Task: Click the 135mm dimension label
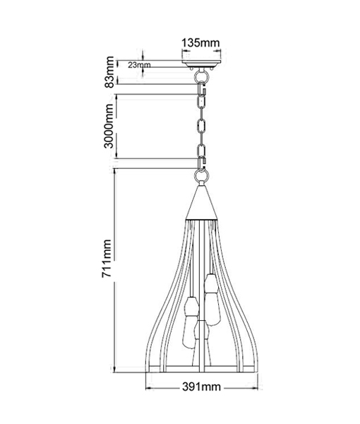pos(200,42)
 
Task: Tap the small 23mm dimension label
pos(139,65)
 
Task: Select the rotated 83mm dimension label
pos(109,72)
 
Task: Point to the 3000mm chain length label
pos(109,126)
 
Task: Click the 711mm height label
pos(107,258)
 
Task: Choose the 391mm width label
pos(201,387)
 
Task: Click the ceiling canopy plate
pos(201,64)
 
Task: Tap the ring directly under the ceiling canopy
pos(201,75)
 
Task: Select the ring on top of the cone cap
pos(201,176)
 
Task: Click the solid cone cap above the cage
pos(201,202)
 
